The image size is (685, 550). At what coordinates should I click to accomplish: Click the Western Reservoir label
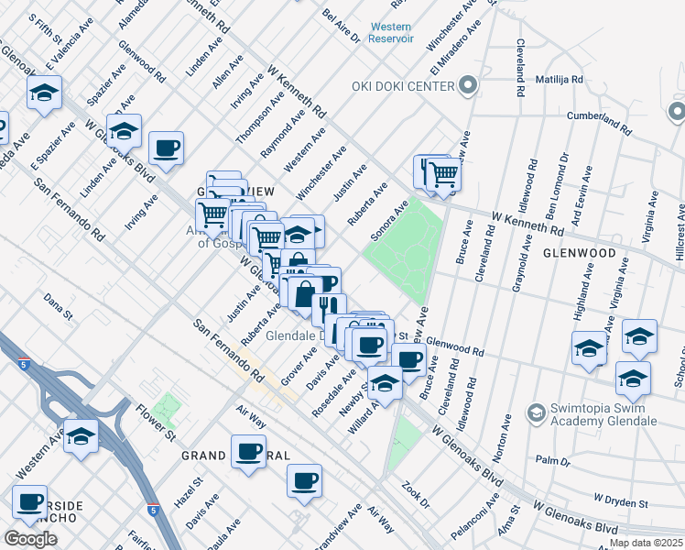[x=391, y=33]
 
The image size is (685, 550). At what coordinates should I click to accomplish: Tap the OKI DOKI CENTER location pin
[x=468, y=86]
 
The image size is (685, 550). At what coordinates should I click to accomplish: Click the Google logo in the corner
[x=30, y=538]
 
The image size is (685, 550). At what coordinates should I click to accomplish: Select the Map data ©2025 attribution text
[x=646, y=543]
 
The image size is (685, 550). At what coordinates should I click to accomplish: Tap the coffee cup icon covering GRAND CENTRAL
[x=248, y=451]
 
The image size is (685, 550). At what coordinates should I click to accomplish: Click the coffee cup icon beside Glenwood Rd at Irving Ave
[x=166, y=148]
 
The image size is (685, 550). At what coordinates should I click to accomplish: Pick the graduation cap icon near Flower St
[x=82, y=436]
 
